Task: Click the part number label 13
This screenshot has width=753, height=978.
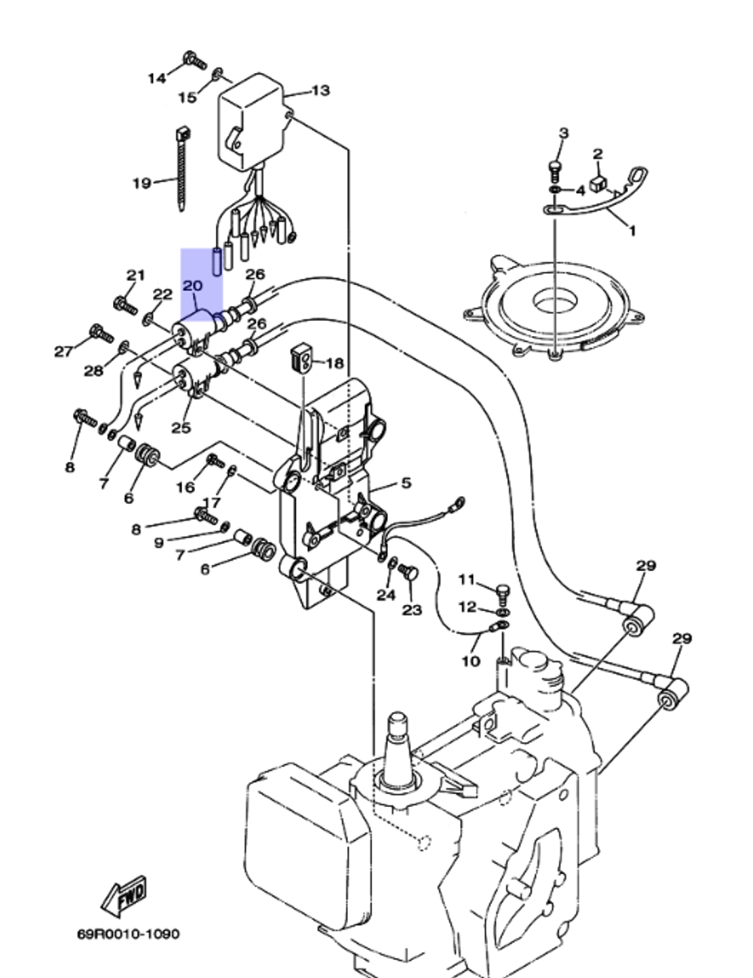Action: [x=320, y=90]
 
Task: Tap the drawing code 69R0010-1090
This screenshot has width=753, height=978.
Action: [x=128, y=934]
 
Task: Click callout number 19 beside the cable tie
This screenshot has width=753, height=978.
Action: [x=142, y=182]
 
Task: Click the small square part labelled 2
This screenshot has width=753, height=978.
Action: [x=599, y=184]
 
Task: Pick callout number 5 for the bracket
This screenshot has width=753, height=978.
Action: [x=406, y=483]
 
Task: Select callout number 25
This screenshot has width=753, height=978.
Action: [x=181, y=427]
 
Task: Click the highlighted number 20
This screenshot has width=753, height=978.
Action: [x=193, y=286]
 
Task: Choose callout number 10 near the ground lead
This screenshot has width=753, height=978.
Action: [x=470, y=661]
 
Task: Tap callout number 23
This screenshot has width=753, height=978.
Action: [x=412, y=610]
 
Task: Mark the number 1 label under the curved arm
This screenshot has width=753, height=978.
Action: [x=631, y=231]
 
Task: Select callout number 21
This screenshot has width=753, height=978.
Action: [x=135, y=275]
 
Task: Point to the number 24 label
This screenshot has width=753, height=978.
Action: [x=386, y=594]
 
